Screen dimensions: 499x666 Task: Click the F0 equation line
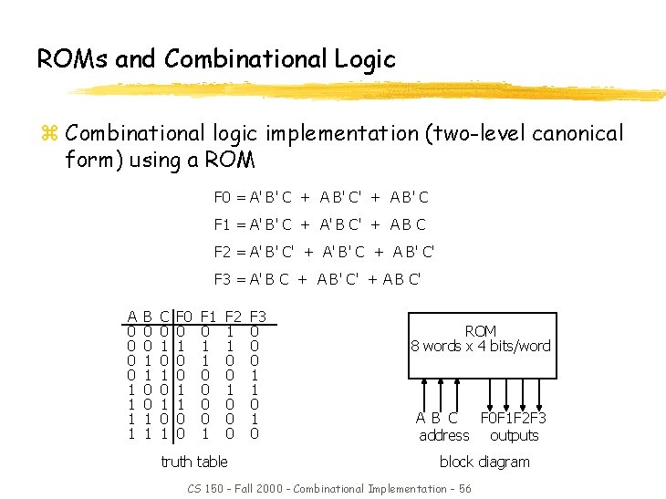pos(321,197)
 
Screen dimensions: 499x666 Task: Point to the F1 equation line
pos(319,224)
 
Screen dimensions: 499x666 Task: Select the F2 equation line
pos(324,252)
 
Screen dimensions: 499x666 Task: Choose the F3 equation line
pos(317,279)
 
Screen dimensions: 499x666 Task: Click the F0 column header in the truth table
pos(183,317)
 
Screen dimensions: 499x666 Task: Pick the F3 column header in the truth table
pos(256,317)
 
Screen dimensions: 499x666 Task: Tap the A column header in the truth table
pos(132,317)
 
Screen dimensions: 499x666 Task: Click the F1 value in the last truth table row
pos(206,434)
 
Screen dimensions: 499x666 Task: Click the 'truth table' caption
pos(193,462)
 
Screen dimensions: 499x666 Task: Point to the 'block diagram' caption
pos(484,462)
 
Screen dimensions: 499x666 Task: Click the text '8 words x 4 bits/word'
pos(481,346)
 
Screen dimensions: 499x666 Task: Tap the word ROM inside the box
pos(481,331)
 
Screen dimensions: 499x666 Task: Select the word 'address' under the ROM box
pos(443,435)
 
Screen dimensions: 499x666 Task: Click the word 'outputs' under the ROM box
pos(515,435)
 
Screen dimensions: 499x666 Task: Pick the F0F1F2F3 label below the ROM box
pos(514,419)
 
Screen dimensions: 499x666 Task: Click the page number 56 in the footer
pos(465,489)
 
